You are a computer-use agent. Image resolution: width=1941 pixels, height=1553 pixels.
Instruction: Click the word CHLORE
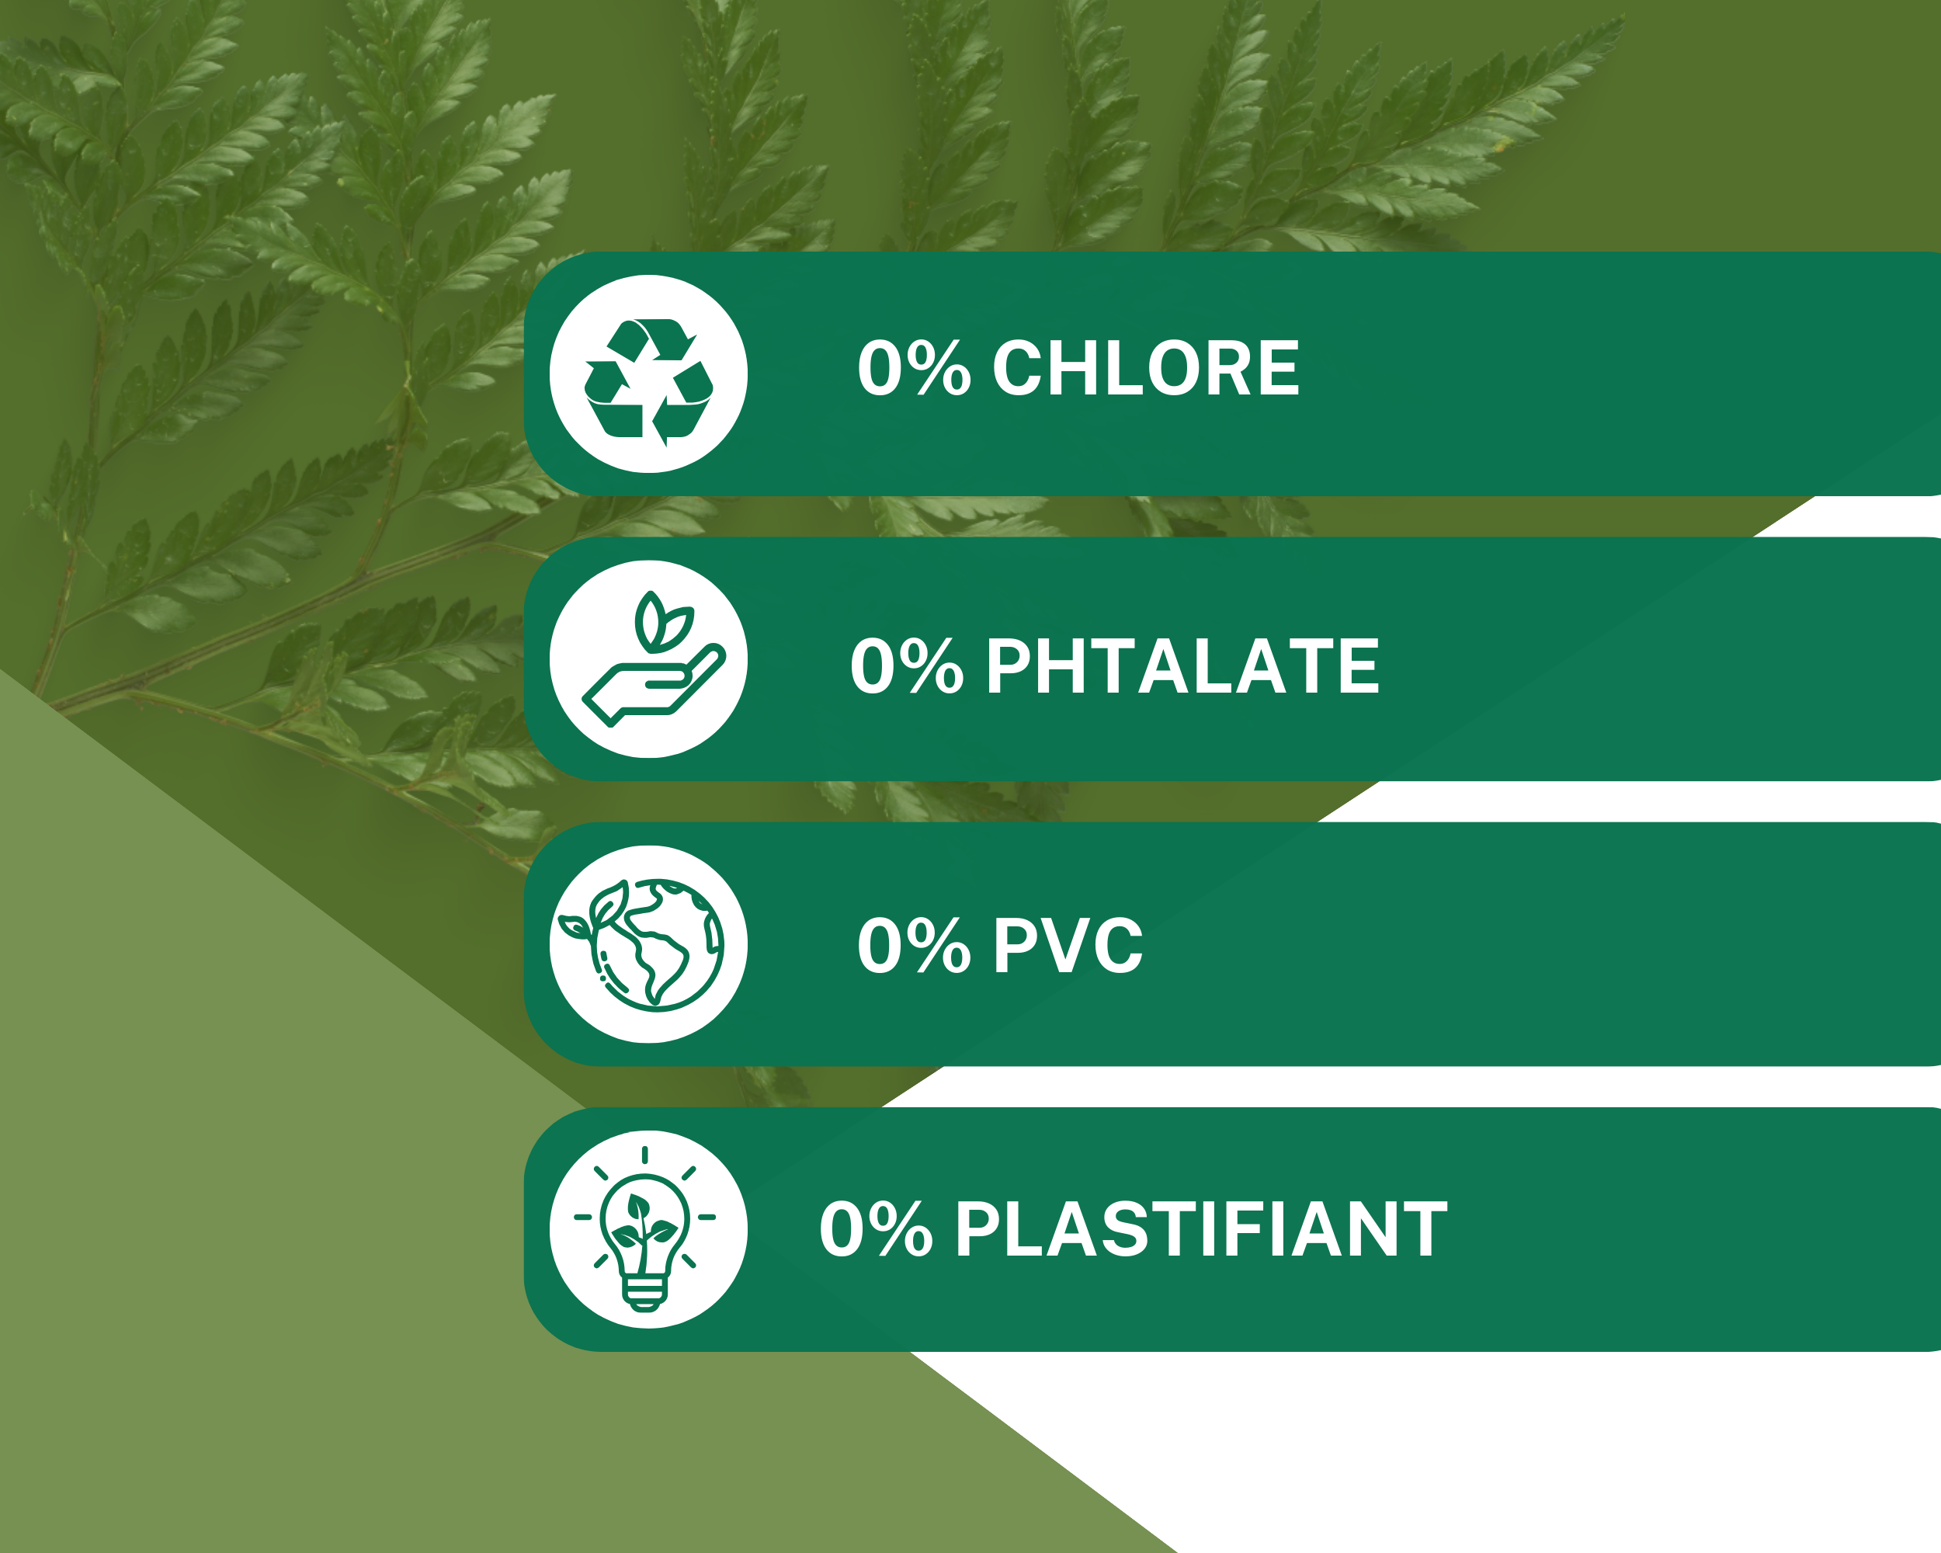click(x=1146, y=368)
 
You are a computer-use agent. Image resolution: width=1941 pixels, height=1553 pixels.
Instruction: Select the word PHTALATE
click(x=1182, y=666)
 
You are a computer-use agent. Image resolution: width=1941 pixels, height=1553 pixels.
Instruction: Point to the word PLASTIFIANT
click(x=1201, y=1230)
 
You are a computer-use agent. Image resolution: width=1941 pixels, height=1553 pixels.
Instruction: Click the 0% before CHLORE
click(x=914, y=368)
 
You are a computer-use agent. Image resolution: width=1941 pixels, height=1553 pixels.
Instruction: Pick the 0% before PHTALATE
click(x=907, y=666)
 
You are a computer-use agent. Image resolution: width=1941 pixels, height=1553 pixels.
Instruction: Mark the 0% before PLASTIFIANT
click(x=876, y=1230)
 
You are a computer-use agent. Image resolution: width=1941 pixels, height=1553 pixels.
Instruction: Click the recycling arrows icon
click(x=648, y=380)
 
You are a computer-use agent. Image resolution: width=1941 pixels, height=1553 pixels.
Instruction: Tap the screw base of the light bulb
click(x=645, y=1293)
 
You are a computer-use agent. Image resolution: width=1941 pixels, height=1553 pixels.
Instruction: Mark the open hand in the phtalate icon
click(x=654, y=685)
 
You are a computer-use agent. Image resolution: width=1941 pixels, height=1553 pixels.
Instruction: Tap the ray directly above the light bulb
click(x=644, y=1155)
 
